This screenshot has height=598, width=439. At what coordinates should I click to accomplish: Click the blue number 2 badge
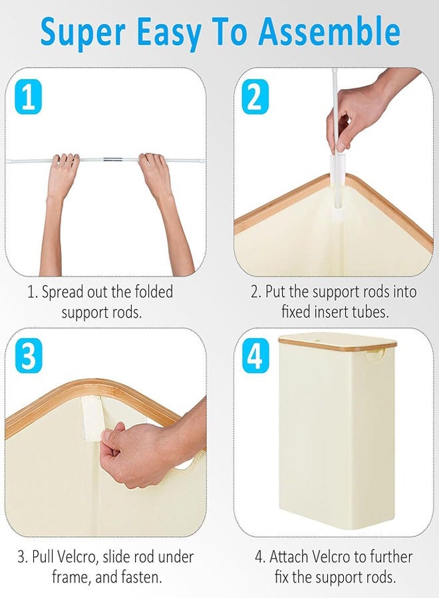tap(255, 97)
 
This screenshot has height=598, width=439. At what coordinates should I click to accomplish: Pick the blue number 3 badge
tap(28, 357)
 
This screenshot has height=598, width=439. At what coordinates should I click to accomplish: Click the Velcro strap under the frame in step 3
tap(92, 415)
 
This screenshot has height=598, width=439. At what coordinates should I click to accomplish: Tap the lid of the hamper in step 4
tap(337, 342)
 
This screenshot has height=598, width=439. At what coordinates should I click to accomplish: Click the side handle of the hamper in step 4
tap(373, 356)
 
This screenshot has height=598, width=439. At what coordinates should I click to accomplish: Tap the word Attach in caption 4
tap(289, 557)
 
